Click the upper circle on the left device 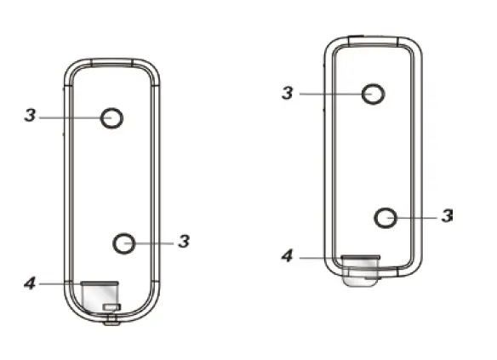(112, 119)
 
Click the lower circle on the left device (124, 243)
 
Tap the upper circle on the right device (373, 94)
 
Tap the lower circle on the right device (386, 216)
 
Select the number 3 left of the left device (30, 115)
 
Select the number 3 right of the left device (184, 242)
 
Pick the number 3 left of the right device (287, 92)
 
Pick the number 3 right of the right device (447, 216)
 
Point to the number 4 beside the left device (28, 282)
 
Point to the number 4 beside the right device (288, 255)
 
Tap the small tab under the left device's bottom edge (111, 321)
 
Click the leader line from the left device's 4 (60, 282)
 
